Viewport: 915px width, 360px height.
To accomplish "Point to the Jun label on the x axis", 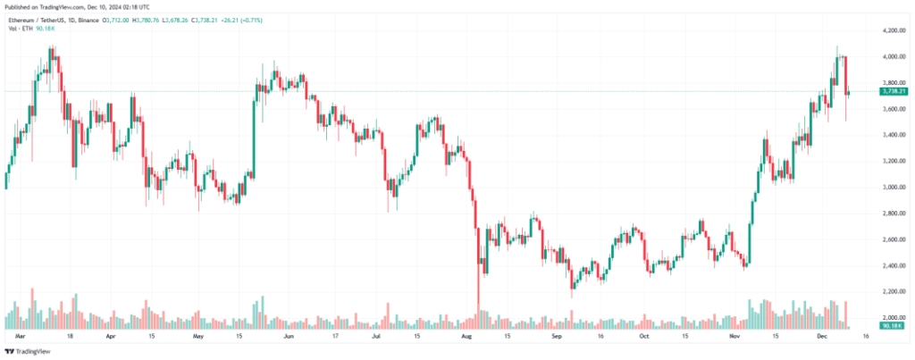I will coord(288,338).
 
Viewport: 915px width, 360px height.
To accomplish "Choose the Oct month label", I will coord(643,338).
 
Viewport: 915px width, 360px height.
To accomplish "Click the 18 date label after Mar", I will coord(70,338).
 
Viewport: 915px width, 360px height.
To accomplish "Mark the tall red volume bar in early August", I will coord(478,304).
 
